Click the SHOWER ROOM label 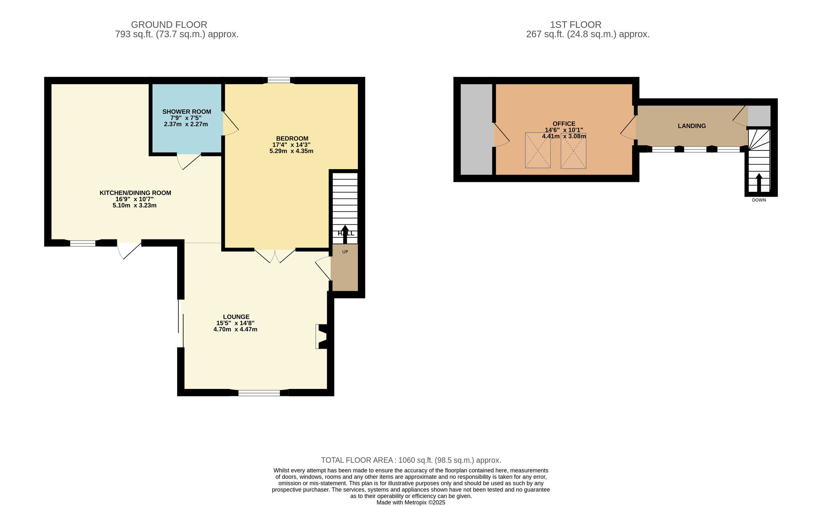click(187, 112)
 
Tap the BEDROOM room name click(292, 138)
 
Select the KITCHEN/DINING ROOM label click(135, 193)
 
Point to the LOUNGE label click(236, 317)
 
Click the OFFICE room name click(564, 124)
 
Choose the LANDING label click(692, 126)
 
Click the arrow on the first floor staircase click(759, 183)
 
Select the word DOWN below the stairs click(759, 200)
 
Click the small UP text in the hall click(345, 252)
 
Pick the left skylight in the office click(538, 150)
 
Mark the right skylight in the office click(573, 150)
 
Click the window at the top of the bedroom click(279, 80)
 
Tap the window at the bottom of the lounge click(259, 393)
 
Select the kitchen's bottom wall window click(83, 243)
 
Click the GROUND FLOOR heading click(169, 25)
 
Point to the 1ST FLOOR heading click(575, 25)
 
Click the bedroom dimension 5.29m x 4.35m click(291, 151)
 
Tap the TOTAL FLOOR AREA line click(411, 460)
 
